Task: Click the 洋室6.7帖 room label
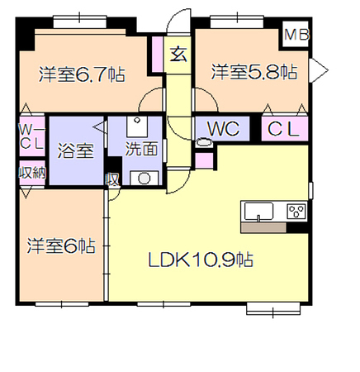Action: click(x=82, y=74)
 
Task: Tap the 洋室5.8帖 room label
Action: click(x=254, y=72)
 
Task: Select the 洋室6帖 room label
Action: click(x=61, y=246)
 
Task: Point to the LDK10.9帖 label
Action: click(x=201, y=260)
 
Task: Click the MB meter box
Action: click(x=296, y=35)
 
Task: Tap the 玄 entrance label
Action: click(x=178, y=55)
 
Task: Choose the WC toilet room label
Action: click(x=223, y=129)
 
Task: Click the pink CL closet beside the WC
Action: click(x=284, y=129)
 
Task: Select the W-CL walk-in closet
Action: click(x=32, y=136)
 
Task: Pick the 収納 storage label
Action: click(x=32, y=173)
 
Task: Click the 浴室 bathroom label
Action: click(x=76, y=151)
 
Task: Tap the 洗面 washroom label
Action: click(x=141, y=149)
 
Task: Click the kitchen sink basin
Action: click(x=258, y=212)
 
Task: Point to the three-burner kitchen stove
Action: click(x=296, y=212)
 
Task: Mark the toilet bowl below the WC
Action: click(x=204, y=143)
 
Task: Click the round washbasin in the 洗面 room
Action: click(x=144, y=178)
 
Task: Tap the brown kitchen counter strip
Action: click(x=263, y=227)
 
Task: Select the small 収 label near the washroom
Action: click(x=112, y=180)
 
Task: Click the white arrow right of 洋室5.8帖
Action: click(x=319, y=70)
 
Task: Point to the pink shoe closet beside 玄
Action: click(x=158, y=55)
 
